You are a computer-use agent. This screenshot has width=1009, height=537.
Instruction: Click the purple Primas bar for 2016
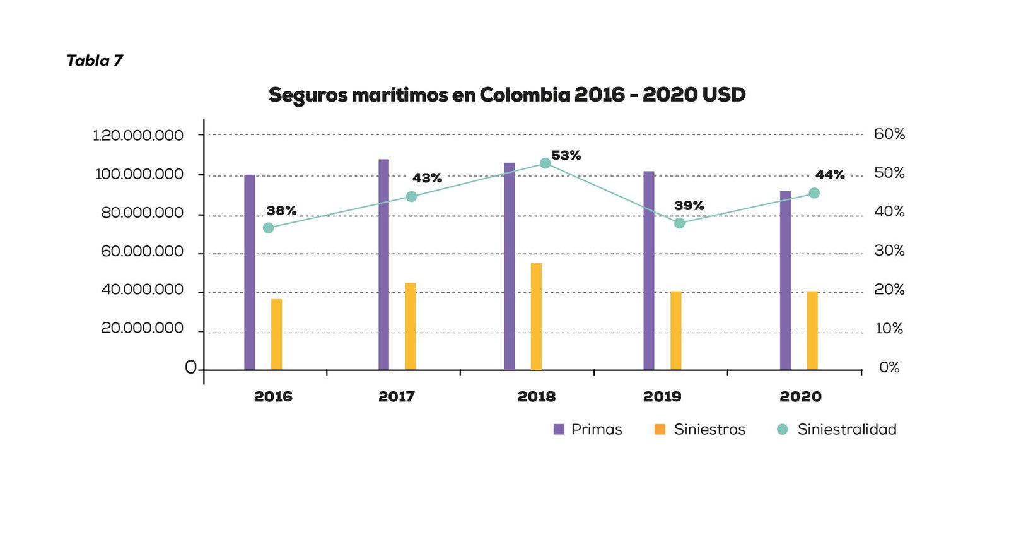click(250, 272)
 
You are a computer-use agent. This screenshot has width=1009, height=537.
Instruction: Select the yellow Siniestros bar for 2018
click(536, 316)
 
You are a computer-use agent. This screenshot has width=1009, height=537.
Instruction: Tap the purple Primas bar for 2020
click(785, 280)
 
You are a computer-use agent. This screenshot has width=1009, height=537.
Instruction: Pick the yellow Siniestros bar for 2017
click(411, 326)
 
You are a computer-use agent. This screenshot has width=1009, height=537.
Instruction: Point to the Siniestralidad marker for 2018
click(545, 163)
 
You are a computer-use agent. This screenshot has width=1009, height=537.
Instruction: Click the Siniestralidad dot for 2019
click(679, 223)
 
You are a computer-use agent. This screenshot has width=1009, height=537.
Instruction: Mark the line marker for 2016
click(269, 228)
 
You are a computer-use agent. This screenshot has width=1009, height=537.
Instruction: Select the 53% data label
click(566, 155)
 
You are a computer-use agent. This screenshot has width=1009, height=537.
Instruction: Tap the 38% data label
click(281, 211)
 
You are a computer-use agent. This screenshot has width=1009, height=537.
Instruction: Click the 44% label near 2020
click(830, 175)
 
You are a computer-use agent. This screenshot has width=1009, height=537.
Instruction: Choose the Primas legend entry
click(588, 430)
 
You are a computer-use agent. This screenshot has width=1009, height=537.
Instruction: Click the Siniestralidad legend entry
click(837, 430)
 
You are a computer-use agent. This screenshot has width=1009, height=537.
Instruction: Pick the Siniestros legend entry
click(700, 430)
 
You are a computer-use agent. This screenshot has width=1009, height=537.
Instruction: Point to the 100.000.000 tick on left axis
click(139, 174)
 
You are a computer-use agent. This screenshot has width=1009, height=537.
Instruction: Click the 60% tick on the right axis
click(889, 134)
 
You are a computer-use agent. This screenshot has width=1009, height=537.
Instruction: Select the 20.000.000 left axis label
click(142, 328)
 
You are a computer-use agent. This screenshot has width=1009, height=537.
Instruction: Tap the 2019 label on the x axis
click(662, 397)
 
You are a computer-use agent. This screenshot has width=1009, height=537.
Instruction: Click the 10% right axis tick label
click(889, 329)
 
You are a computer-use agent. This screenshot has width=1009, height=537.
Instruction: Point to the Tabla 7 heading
click(95, 61)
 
